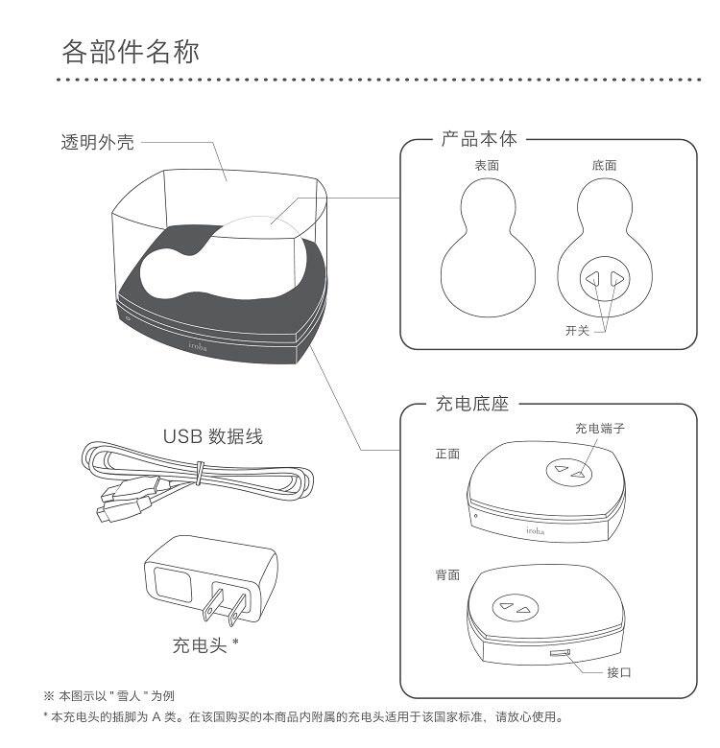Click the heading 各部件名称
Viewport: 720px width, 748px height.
click(x=131, y=51)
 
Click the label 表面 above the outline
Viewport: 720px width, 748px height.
click(x=487, y=165)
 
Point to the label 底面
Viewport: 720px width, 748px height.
click(x=605, y=165)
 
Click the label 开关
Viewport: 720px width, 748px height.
click(x=578, y=331)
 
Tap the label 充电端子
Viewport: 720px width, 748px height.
click(x=600, y=429)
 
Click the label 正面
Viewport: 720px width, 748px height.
click(x=447, y=454)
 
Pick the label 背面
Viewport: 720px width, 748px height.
click(x=447, y=575)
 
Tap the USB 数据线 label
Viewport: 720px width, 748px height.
click(x=212, y=437)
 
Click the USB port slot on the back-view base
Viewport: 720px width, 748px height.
click(x=558, y=654)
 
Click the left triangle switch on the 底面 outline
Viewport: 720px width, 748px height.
click(x=594, y=279)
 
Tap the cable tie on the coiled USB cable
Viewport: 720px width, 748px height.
click(x=199, y=471)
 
